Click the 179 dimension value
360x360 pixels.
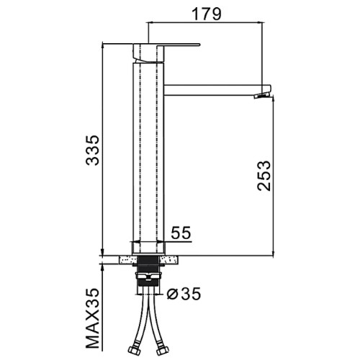[207, 14]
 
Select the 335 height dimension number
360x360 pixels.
[92, 150]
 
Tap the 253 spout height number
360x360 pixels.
[264, 176]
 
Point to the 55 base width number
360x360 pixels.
[181, 233]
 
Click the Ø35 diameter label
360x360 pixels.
[184, 294]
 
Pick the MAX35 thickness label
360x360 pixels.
[92, 318]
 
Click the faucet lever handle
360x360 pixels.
[166, 45]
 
